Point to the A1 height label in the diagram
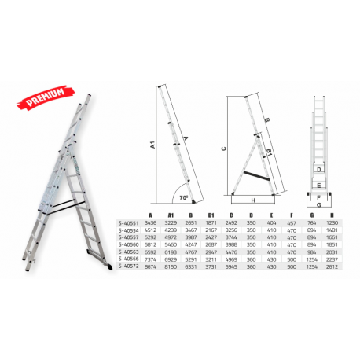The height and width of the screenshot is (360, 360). tap(153, 145)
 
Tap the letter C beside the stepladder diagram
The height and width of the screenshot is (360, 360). tap(223, 148)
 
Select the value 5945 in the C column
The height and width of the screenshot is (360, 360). tap(232, 267)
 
